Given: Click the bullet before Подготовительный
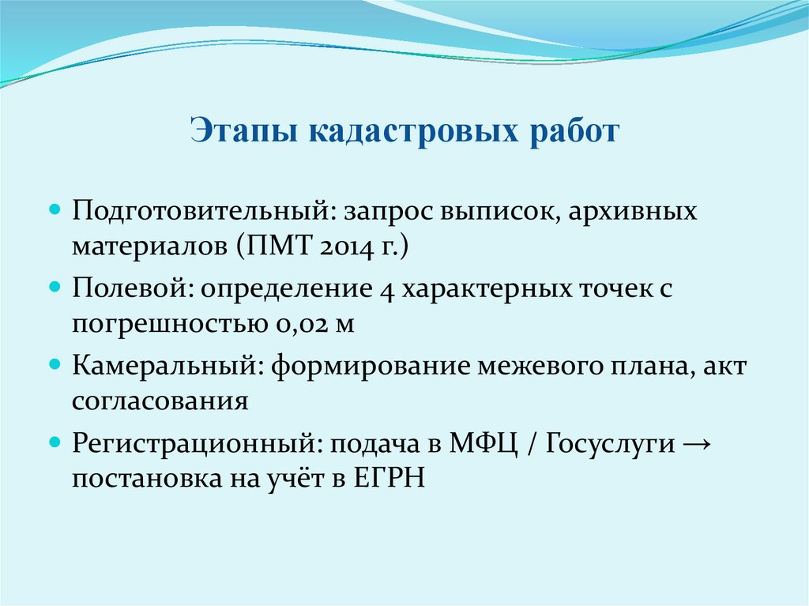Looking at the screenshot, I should click(55, 212).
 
